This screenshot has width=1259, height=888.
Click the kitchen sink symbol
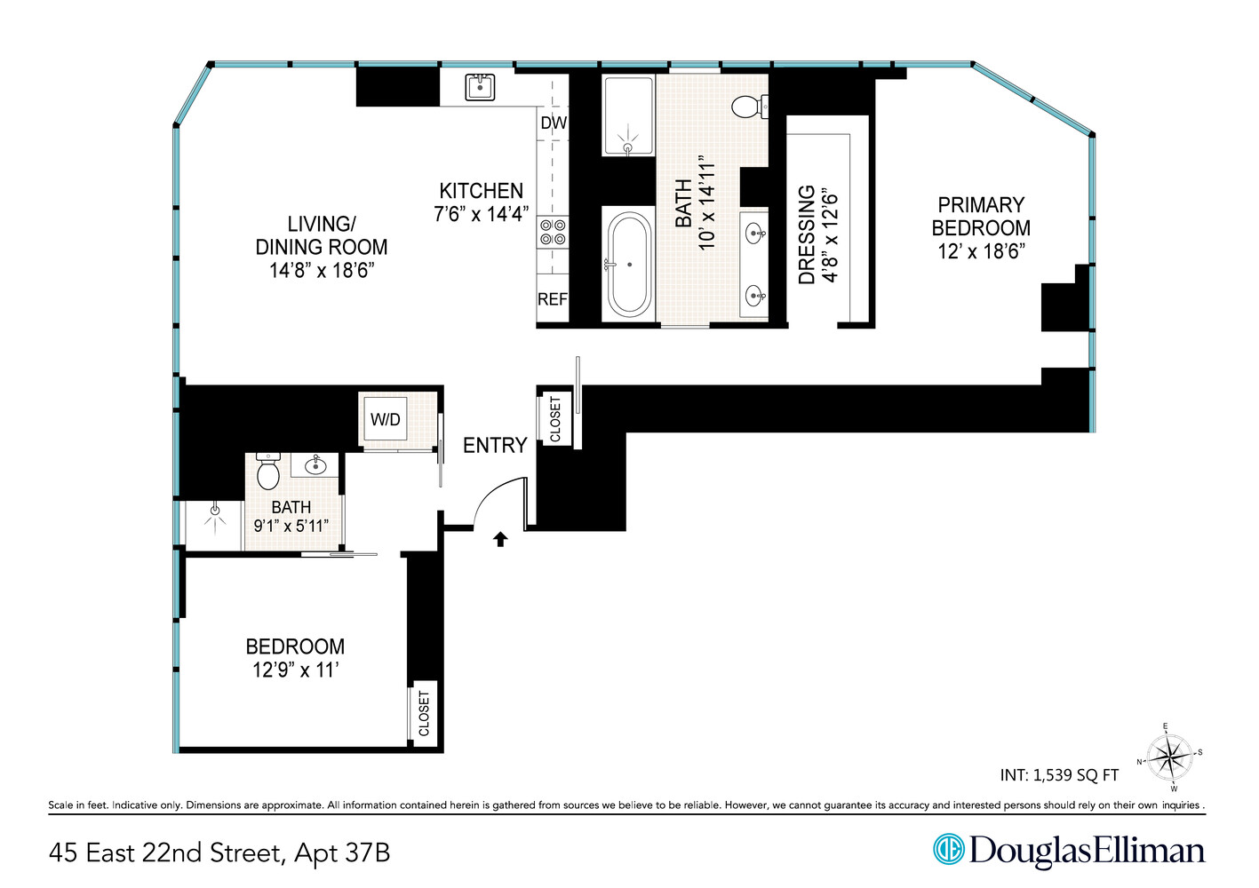[480, 87]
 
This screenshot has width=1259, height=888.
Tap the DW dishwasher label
[554, 123]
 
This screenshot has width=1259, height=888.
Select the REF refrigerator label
[553, 299]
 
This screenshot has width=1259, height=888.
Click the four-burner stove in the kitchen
[553, 232]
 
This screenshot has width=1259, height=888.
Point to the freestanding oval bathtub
[629, 264]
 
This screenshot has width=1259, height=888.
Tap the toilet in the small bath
[268, 472]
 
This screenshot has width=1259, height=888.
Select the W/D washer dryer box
[386, 419]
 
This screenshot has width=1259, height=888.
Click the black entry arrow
[500, 539]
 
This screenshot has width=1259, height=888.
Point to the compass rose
[1169, 757]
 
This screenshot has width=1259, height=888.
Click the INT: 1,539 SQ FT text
[1059, 775]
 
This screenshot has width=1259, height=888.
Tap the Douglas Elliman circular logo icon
[948, 849]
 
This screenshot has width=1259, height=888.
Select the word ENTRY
[495, 446]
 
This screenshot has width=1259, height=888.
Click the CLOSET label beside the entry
[555, 419]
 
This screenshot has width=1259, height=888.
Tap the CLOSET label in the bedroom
[424, 714]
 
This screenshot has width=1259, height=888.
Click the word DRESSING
[807, 234]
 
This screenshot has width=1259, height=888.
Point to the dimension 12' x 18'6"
[981, 251]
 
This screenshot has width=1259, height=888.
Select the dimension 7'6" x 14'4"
[481, 214]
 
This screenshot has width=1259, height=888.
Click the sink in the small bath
[315, 465]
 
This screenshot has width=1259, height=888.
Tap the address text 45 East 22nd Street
[164, 853]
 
